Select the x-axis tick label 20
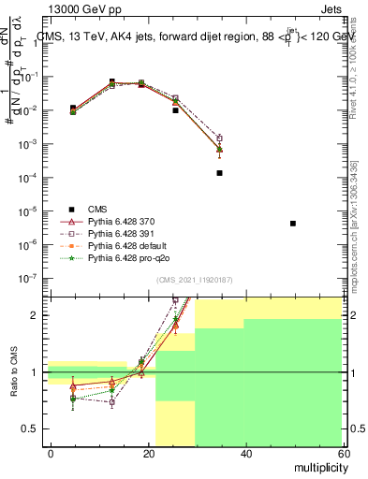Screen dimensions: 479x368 click(x=148, y=452)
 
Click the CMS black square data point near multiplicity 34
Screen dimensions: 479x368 click(x=219, y=173)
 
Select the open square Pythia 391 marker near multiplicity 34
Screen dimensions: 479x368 click(x=219, y=138)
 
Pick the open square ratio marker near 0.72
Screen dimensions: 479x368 click(x=112, y=402)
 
